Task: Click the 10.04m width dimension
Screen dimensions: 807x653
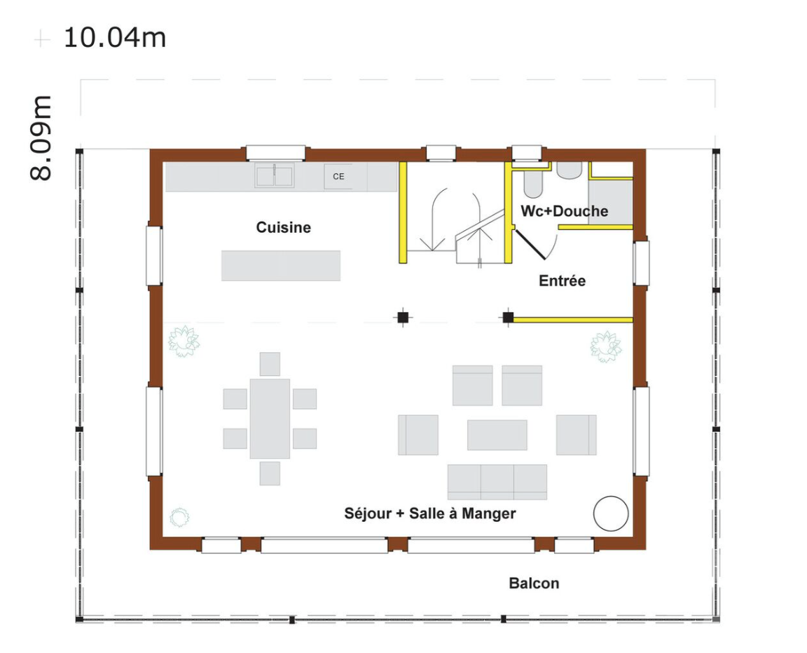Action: [115, 38]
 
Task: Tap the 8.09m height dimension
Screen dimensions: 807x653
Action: [41, 137]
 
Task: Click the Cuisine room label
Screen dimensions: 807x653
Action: [284, 227]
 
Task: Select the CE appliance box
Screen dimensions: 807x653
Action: [338, 176]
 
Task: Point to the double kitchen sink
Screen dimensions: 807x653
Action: [275, 176]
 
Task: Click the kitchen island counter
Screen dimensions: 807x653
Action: [281, 265]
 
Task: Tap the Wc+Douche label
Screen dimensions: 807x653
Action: [564, 211]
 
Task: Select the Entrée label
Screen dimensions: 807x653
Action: [562, 281]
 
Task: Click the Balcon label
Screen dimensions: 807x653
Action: [534, 583]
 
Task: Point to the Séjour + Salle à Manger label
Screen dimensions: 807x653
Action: [429, 513]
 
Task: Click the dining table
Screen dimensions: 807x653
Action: [270, 419]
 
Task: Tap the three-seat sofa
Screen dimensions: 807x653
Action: [497, 482]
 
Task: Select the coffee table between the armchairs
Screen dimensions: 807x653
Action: [497, 435]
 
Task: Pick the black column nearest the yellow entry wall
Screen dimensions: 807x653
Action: [508, 318]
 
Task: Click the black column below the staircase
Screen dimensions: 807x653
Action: [403, 318]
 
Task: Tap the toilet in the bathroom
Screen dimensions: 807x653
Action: [533, 184]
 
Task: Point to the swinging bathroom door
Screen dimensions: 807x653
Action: [530, 244]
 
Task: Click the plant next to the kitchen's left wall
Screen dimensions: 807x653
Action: [184, 341]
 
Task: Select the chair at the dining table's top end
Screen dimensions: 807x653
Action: [270, 364]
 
